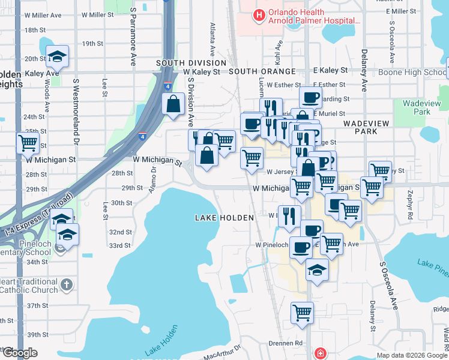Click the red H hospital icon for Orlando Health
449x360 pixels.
tap(259, 16)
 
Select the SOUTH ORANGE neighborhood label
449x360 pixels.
tap(262, 71)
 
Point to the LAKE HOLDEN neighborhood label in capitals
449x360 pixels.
tap(224, 218)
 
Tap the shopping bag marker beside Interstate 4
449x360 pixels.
tap(173, 104)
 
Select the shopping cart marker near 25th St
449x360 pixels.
tap(28, 143)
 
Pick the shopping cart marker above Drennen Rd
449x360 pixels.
tap(302, 312)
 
